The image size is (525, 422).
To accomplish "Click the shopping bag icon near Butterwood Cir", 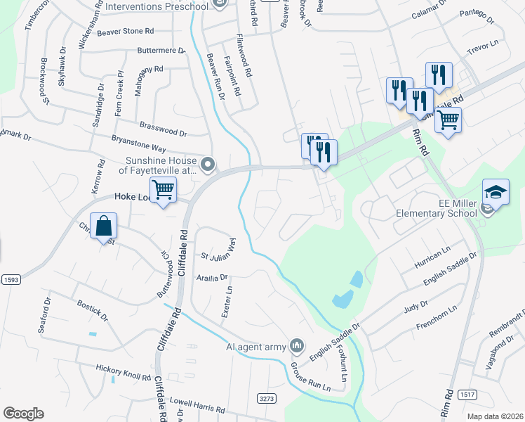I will coord(102,227).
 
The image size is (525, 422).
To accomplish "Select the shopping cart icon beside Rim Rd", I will coord(448,120).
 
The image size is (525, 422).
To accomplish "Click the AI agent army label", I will coord(257,346).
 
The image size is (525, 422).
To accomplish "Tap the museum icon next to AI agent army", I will coord(298,345).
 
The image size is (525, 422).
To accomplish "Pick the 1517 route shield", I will coord(468,395).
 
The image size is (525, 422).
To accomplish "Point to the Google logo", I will coord(23,414).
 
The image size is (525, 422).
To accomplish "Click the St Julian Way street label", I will coord(219,249).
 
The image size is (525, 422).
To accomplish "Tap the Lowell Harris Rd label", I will coord(197,405).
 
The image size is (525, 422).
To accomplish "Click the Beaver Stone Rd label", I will coord(126,32).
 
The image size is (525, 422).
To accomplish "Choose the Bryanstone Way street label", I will coord(138,144).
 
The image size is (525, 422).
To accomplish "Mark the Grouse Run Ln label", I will coord(310,377).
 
